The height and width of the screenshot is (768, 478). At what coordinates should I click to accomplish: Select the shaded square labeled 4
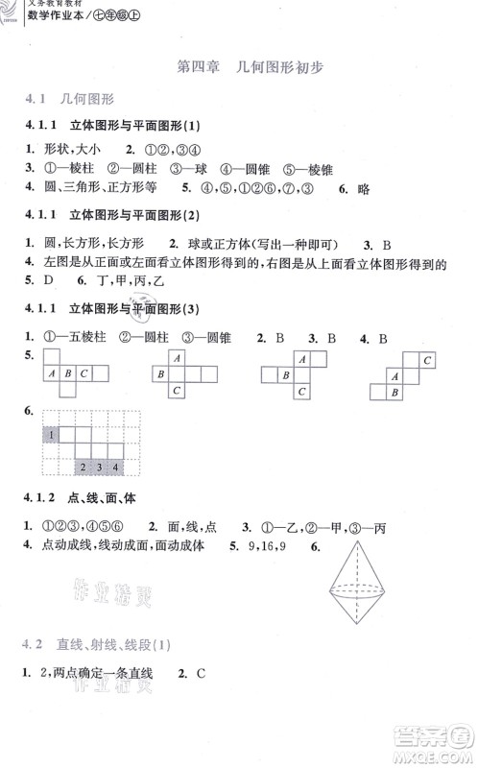click(x=115, y=468)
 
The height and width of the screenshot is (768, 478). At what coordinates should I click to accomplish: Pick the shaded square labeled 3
click(x=100, y=468)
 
